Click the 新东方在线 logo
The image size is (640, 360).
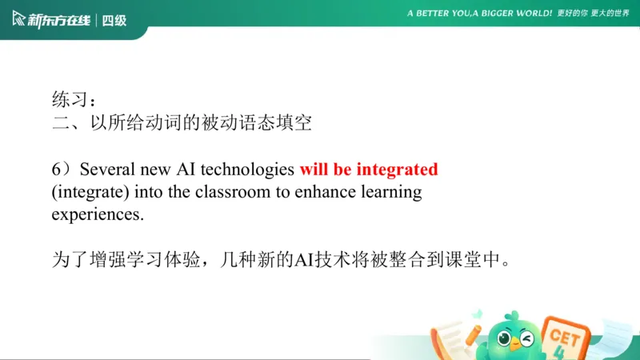pos(50,20)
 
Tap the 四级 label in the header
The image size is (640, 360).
pos(114,20)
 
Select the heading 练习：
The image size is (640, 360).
pos(74,100)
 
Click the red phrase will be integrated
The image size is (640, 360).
pos(369,170)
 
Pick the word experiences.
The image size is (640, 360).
pos(97,215)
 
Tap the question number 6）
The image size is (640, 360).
pos(62,170)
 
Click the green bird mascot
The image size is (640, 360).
pos(513,335)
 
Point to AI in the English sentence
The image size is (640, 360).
pos(186,170)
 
